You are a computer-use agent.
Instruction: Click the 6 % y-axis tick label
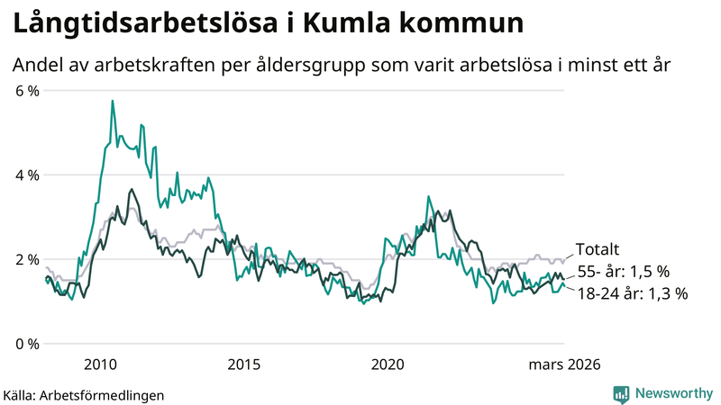click(25, 90)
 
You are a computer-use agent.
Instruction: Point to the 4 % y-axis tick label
click(25, 175)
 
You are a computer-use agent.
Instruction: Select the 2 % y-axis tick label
click(25, 259)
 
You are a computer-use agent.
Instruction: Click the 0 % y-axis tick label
click(25, 344)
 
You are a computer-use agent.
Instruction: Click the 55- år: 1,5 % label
click(622, 272)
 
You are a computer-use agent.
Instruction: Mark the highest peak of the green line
click(113, 101)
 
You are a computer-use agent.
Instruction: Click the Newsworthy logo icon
click(621, 393)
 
